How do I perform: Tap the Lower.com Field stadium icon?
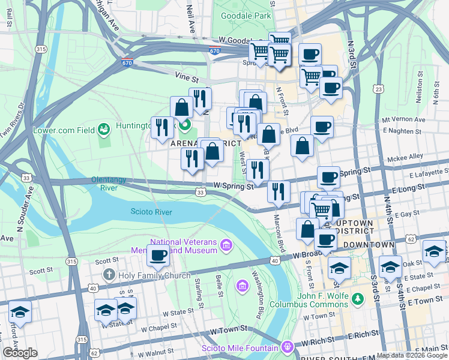[x=104, y=128]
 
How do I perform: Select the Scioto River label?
[x=151, y=212]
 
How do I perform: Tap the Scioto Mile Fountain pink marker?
[x=288, y=347]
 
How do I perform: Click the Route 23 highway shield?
[x=378, y=89]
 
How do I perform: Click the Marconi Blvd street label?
[x=279, y=233]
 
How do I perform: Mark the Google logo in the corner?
[x=20, y=353]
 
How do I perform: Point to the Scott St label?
[x=107, y=261]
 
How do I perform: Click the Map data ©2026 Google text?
[x=412, y=355]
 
